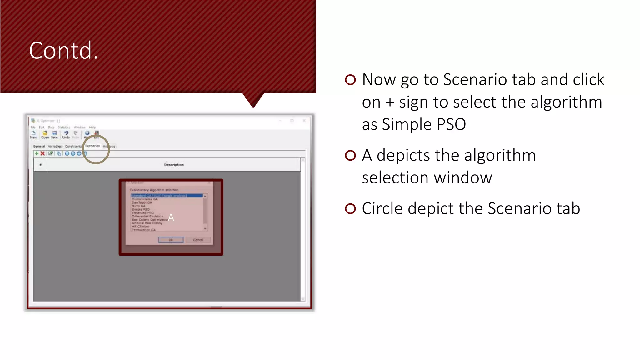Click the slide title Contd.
[x=63, y=51]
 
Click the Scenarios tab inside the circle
[x=92, y=146]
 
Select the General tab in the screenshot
[x=39, y=146]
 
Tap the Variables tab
[x=55, y=146]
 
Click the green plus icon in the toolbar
[x=37, y=153]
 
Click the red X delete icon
[x=42, y=153]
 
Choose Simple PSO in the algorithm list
[x=141, y=209]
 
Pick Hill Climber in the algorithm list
[x=140, y=227]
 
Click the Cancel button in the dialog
[x=198, y=240]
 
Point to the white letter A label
[x=171, y=217]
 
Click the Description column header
[x=174, y=165]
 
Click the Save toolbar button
[x=54, y=135]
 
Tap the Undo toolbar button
[x=66, y=135]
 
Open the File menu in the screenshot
[x=33, y=127]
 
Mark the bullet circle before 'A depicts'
[x=350, y=155]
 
